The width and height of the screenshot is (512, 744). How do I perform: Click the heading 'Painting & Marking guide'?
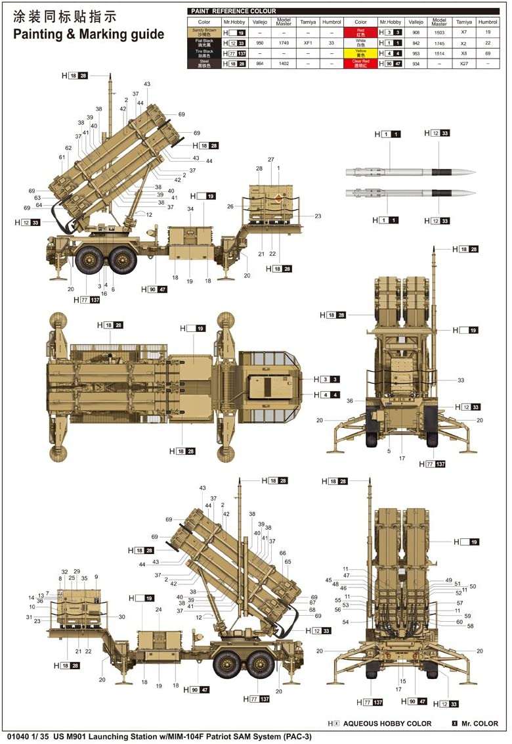click(x=89, y=35)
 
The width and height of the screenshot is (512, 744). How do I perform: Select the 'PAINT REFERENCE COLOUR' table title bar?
click(x=233, y=11)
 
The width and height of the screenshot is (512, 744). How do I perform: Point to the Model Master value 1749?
click(x=284, y=42)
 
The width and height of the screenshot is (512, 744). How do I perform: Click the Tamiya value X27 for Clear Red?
click(x=463, y=63)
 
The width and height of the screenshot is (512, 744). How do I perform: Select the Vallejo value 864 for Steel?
click(x=259, y=63)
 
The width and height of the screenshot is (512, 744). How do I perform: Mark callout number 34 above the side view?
click(x=190, y=209)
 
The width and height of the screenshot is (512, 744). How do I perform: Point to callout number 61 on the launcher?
click(x=62, y=157)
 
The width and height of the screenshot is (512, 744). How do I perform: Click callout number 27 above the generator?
click(x=270, y=160)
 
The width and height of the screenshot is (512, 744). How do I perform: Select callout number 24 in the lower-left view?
click(x=158, y=609)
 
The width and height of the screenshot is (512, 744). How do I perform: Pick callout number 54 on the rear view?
click(x=345, y=622)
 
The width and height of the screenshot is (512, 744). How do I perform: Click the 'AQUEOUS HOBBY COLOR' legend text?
click(x=387, y=723)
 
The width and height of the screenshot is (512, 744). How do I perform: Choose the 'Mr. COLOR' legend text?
click(x=480, y=723)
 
